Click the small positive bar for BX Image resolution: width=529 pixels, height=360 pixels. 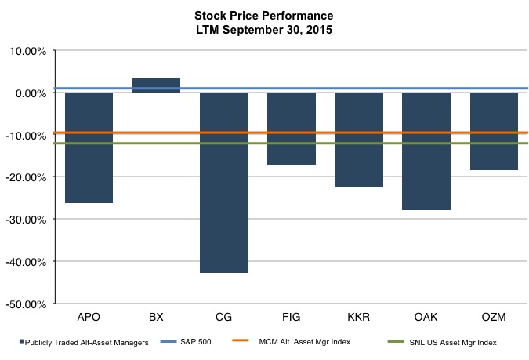pos(156,85)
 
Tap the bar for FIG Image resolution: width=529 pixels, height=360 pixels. pos(292,129)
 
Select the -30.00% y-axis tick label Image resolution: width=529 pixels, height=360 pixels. pos(26,219)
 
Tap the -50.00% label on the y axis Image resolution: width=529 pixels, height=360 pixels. pos(26,303)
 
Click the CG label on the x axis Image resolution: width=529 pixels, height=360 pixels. pos(224,317)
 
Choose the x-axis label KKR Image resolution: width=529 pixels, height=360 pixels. pos(359,317)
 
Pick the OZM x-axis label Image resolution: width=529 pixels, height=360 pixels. pos(494,317)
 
